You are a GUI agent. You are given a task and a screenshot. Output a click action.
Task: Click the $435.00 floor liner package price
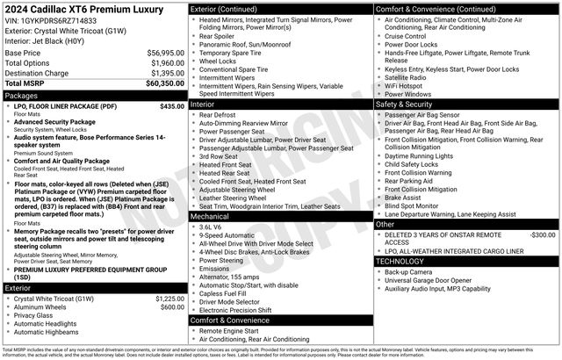(x=172, y=105)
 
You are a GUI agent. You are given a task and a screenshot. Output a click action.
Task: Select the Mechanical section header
(x=210, y=215)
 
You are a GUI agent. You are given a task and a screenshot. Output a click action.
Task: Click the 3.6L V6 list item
(x=213, y=227)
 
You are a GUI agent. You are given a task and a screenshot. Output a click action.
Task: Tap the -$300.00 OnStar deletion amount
(x=543, y=235)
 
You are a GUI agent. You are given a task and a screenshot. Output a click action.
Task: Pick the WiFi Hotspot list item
(x=407, y=85)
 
